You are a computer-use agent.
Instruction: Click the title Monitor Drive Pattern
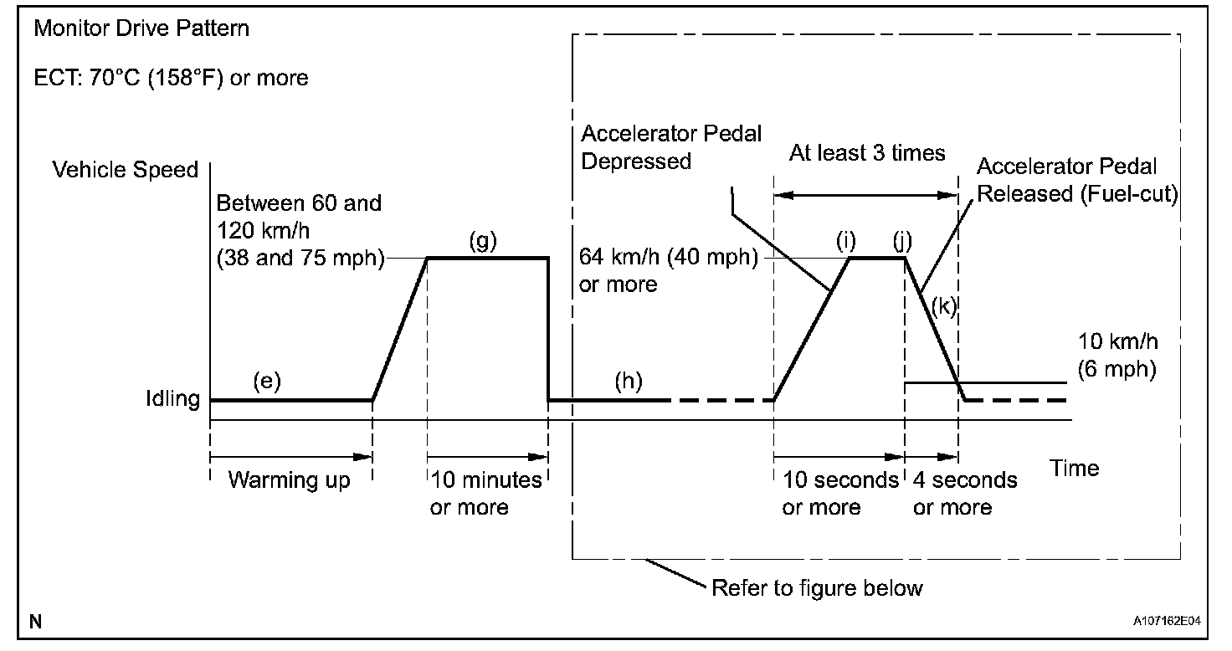click(x=141, y=29)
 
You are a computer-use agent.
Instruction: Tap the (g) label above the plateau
click(x=482, y=242)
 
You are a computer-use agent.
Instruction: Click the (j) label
click(x=902, y=242)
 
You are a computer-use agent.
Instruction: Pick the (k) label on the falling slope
click(x=943, y=306)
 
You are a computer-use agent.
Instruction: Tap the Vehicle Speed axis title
click(x=126, y=170)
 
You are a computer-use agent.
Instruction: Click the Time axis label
click(x=1075, y=468)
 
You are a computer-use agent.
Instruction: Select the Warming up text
click(x=289, y=481)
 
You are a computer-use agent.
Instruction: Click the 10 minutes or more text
click(x=485, y=494)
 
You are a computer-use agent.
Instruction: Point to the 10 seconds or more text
click(x=839, y=494)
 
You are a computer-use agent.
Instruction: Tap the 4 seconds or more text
click(x=965, y=494)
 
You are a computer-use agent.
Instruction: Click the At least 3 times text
click(x=867, y=153)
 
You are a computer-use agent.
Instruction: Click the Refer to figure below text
click(x=816, y=587)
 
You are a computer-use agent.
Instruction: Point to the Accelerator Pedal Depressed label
click(x=671, y=147)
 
